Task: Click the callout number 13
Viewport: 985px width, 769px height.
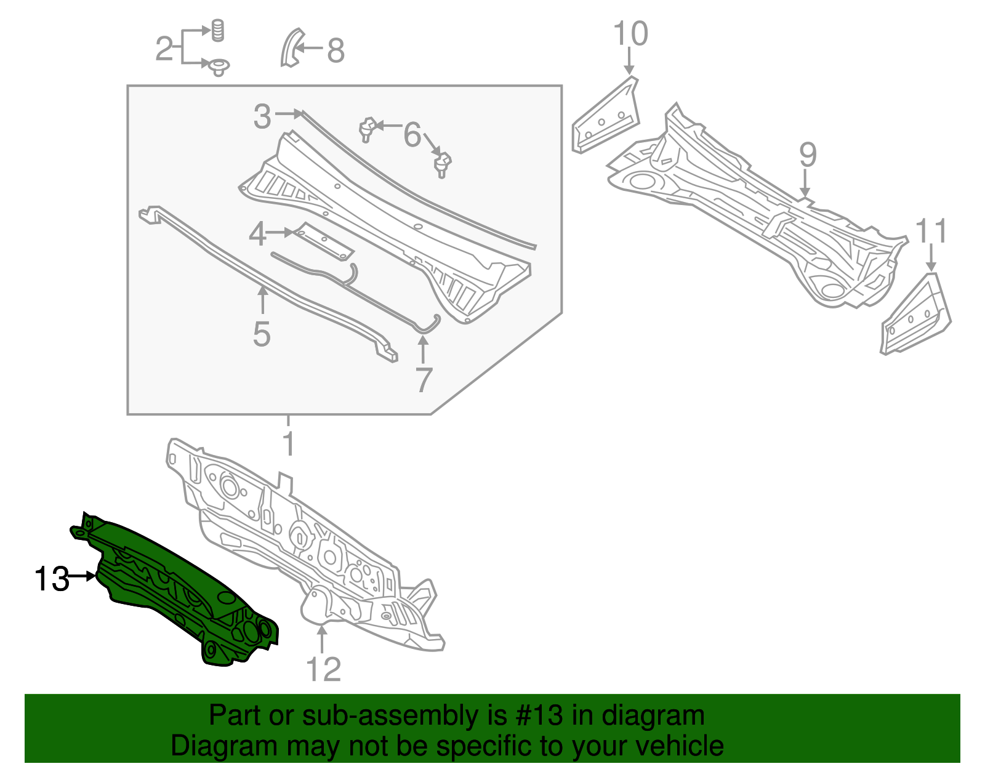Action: point(52,579)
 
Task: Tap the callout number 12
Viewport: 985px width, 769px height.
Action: point(323,669)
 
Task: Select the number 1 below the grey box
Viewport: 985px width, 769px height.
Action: point(288,443)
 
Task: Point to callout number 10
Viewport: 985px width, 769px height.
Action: point(630,33)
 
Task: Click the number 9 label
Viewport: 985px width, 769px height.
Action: point(808,155)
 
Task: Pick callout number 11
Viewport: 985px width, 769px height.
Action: point(931,231)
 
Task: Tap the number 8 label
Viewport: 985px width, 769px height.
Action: point(336,50)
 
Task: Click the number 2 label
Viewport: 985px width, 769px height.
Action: point(164,49)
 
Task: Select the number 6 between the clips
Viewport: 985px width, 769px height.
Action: point(412,135)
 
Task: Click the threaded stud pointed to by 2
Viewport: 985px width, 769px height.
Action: point(218,31)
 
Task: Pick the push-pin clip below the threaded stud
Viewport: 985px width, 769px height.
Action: point(219,68)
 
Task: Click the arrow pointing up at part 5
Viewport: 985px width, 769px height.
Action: point(262,301)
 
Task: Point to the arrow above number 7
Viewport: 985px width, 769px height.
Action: point(422,350)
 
